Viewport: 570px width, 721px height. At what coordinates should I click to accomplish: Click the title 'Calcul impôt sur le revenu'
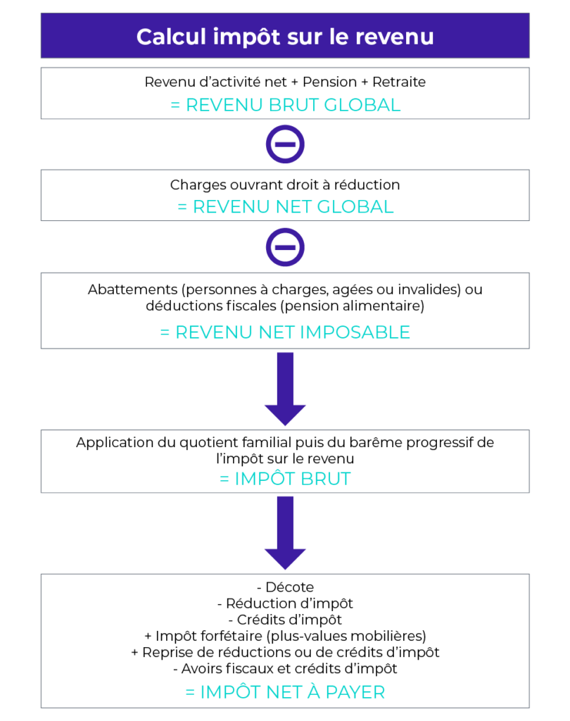(285, 37)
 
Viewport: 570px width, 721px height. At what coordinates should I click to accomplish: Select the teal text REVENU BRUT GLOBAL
(293, 106)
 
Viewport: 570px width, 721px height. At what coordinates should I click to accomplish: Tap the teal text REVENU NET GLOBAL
(293, 207)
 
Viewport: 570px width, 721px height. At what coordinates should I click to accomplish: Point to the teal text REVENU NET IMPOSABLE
(293, 332)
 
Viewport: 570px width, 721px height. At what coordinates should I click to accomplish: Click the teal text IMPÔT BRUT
(293, 479)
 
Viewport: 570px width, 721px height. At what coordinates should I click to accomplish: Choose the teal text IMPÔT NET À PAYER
(292, 692)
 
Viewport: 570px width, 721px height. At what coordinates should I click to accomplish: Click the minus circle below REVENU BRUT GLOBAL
(285, 144)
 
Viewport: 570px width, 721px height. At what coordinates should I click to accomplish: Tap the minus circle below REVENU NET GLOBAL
(285, 247)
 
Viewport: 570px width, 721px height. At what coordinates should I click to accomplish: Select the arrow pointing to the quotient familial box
(285, 389)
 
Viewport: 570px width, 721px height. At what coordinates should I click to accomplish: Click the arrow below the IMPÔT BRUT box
(285, 533)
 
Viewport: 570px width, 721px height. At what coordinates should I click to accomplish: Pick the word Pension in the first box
(329, 82)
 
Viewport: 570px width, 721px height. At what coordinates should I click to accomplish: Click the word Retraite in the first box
(399, 82)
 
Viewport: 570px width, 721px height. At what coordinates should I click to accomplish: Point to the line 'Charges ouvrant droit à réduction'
(285, 185)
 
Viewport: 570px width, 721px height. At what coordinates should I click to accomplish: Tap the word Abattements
(132, 289)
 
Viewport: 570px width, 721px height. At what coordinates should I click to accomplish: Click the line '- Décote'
(285, 587)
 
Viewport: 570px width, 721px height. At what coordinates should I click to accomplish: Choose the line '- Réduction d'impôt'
(285, 603)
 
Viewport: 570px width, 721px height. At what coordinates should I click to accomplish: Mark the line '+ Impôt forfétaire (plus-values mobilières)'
(285, 636)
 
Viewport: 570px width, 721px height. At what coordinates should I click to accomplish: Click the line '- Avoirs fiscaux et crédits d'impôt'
(285, 669)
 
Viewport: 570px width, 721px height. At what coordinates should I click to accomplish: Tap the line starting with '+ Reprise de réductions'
(285, 653)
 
